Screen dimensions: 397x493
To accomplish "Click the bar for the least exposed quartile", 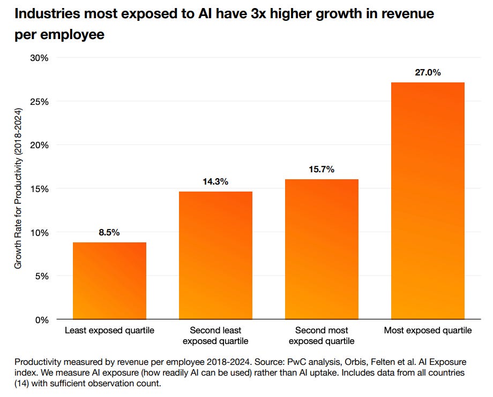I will point(109,281).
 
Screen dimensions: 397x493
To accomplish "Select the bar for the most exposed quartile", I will point(428,201).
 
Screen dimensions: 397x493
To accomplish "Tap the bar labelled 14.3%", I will point(215,255).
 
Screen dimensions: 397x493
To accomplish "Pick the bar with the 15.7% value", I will point(322,249).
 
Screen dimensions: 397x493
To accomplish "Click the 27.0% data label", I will point(428,73).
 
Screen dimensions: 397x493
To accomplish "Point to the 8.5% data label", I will point(109,233).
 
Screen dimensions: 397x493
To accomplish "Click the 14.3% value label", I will point(215,182).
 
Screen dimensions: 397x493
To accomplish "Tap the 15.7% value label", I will point(322,170).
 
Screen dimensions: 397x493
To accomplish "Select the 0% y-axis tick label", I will point(42,320).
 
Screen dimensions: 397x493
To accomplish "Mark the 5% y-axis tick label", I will point(42,276).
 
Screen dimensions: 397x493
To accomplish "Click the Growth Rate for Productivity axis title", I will point(19,188).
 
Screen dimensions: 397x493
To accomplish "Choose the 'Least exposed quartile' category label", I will point(109,331).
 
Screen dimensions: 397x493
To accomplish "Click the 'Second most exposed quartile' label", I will point(322,335).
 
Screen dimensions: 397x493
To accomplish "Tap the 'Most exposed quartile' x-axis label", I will point(428,331).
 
